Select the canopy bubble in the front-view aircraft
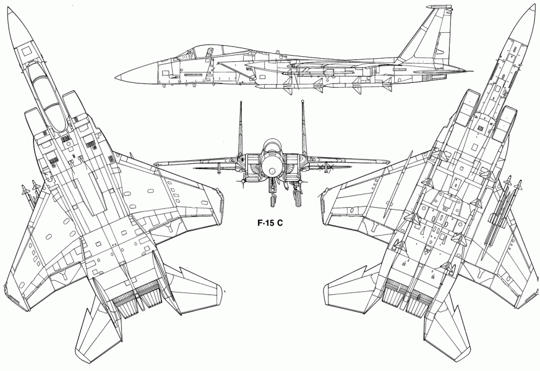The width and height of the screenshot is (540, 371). (272, 146)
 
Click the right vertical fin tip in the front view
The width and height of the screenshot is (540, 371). (304, 103)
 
